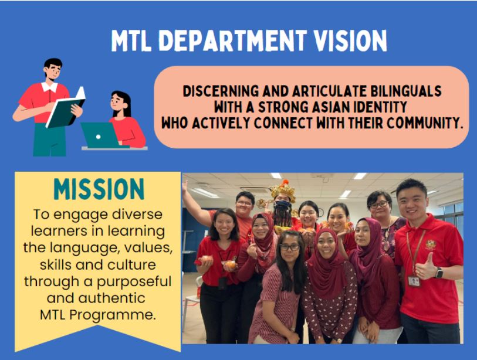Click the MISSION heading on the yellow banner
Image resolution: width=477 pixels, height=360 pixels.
(x=99, y=189)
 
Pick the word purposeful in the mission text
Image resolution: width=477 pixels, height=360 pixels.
(x=134, y=282)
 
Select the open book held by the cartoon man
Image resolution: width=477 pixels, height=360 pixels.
(x=65, y=108)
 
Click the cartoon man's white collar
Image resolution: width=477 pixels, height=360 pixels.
(x=50, y=87)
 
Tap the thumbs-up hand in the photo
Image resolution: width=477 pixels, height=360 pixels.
(x=425, y=267)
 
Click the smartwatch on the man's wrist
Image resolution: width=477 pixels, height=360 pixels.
(x=439, y=273)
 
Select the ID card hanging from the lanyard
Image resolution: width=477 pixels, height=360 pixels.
(x=414, y=281)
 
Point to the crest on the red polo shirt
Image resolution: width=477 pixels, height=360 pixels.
(x=431, y=244)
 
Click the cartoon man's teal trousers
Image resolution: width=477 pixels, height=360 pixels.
(x=49, y=140)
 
